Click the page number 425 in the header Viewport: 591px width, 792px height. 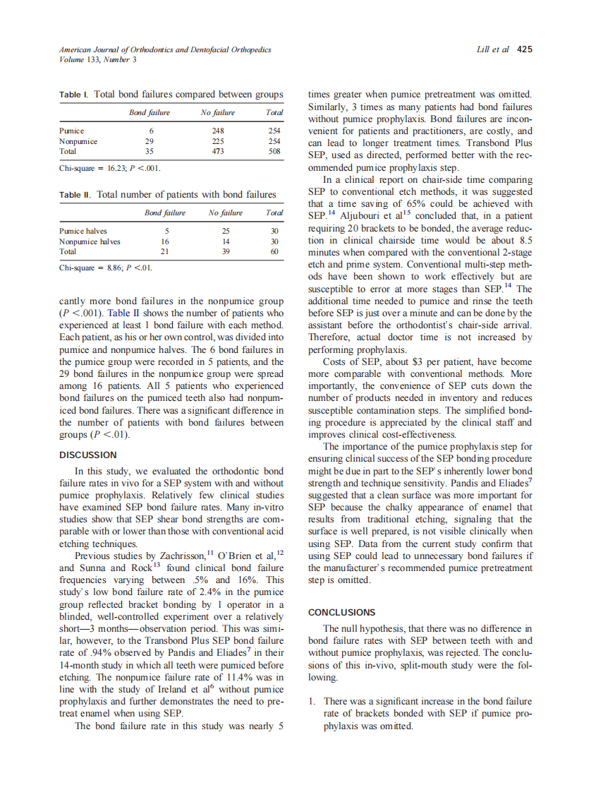pos(525,50)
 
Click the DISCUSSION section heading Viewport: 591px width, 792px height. pos(88,455)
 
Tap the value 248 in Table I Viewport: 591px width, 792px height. pos(217,131)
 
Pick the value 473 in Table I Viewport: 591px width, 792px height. pos(217,150)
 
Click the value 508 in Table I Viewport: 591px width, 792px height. pos(275,150)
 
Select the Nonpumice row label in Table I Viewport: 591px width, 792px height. pos(78,140)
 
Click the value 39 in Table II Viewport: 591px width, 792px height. pos(225,251)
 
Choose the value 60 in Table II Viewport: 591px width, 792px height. pos(276,251)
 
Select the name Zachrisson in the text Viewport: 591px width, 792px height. pos(180,556)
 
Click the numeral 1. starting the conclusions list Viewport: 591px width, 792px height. pos(314,701)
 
